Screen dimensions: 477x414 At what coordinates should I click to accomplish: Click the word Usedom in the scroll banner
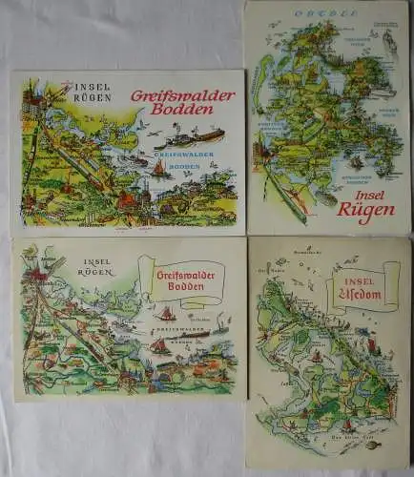365,293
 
